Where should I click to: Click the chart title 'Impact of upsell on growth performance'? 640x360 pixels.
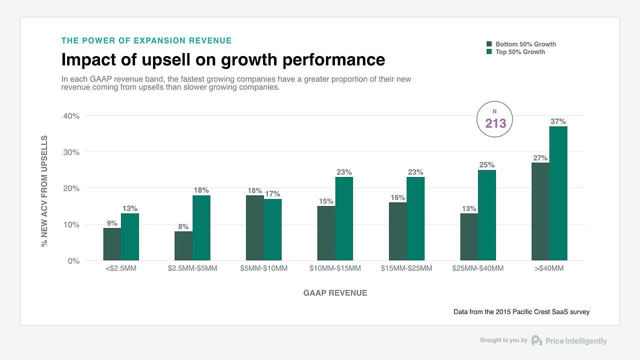click(223, 59)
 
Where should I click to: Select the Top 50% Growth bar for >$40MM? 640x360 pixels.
click(558, 193)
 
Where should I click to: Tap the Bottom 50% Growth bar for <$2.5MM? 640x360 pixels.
click(112, 244)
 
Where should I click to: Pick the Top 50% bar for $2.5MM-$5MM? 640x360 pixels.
click(201, 228)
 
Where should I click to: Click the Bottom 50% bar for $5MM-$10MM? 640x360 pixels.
click(255, 228)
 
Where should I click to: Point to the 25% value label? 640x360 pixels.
click(486, 164)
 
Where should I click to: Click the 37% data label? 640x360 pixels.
click(558, 121)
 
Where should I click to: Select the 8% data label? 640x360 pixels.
click(183, 226)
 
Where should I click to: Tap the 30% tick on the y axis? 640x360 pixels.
click(71, 152)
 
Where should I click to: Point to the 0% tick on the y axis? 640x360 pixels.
click(73, 261)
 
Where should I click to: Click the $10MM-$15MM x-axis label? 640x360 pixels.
click(335, 268)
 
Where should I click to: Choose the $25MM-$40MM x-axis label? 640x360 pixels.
click(477, 268)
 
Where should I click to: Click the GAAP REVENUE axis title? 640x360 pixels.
click(335, 293)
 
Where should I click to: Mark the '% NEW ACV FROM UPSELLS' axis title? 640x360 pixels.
click(44, 191)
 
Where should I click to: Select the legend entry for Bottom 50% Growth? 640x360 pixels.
click(525, 44)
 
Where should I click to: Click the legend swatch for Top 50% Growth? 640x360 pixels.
click(489, 52)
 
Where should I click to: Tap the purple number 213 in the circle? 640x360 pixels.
click(495, 123)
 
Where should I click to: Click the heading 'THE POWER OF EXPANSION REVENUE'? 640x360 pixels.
click(146, 40)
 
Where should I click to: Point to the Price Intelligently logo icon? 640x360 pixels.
click(536, 340)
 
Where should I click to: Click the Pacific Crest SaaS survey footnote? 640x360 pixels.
click(521, 311)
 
